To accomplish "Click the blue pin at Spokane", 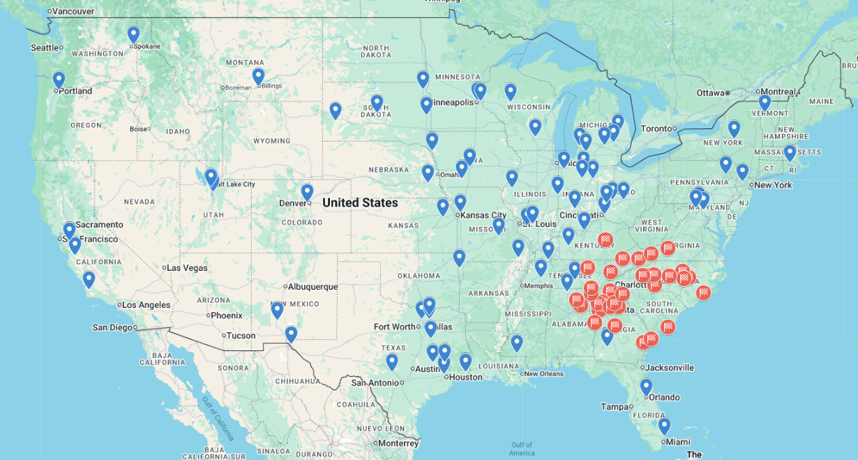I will (x=133, y=34).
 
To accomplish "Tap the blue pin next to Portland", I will (x=59, y=80).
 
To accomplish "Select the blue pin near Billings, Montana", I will (x=258, y=76).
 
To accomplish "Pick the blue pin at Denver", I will (x=307, y=192).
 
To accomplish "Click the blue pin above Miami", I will (x=664, y=425).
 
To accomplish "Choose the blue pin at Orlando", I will (x=646, y=386).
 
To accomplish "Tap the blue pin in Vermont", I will (x=765, y=102).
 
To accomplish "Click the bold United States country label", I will (x=360, y=203).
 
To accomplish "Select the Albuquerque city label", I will (x=313, y=287).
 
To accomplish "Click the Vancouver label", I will (x=73, y=11).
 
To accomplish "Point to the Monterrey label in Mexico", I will (x=398, y=443).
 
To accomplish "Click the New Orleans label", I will (x=543, y=373).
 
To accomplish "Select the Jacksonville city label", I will (x=670, y=367).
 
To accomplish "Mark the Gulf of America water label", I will (x=521, y=448).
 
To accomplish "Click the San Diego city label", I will (x=112, y=327).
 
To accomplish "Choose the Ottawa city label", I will (x=711, y=93).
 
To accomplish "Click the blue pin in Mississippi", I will (x=516, y=343).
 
